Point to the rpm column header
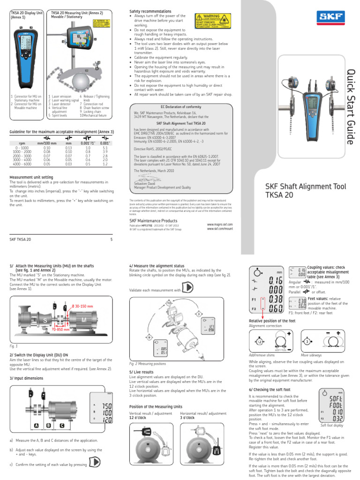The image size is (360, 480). point(22,143)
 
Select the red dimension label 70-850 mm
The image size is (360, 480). point(60,329)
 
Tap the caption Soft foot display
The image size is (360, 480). point(332,425)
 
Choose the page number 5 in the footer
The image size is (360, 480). point(111,239)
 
